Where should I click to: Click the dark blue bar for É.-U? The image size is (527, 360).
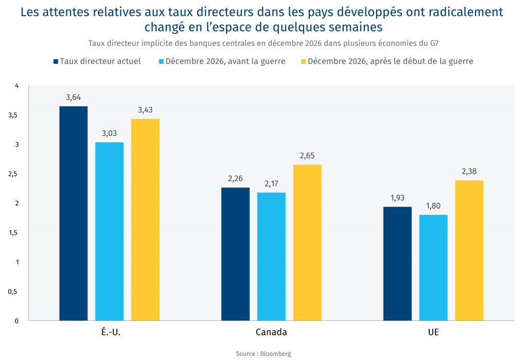click(73, 213)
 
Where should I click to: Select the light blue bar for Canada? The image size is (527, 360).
click(271, 256)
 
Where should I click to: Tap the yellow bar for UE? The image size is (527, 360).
click(469, 250)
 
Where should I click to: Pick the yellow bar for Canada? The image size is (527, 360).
click(307, 243)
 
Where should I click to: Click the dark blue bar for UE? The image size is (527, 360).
click(397, 264)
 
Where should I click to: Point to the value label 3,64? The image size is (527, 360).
click(73, 97)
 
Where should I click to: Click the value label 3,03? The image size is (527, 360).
click(109, 133)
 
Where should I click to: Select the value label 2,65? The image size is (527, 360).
click(307, 156)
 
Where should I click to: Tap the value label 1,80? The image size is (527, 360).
click(433, 206)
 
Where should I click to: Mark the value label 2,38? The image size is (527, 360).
click(469, 172)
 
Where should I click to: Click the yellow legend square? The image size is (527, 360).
click(303, 61)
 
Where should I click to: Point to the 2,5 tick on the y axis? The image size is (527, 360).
click(13, 174)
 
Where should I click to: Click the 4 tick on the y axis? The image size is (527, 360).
click(16, 85)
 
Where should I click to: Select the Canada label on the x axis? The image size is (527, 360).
click(271, 332)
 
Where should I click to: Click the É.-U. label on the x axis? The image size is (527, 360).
click(109, 332)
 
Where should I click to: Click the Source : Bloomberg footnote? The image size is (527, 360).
click(263, 353)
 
